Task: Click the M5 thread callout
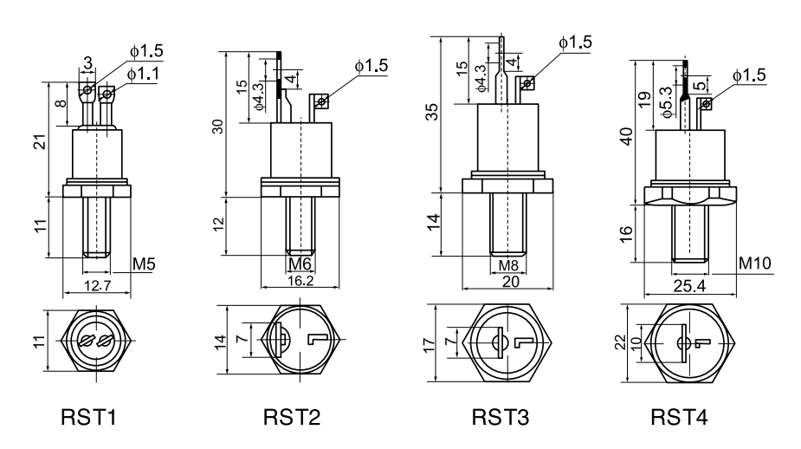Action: [x=145, y=261]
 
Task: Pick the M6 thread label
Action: [x=300, y=263]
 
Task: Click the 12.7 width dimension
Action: [x=97, y=285]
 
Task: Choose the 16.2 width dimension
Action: [x=300, y=283]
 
